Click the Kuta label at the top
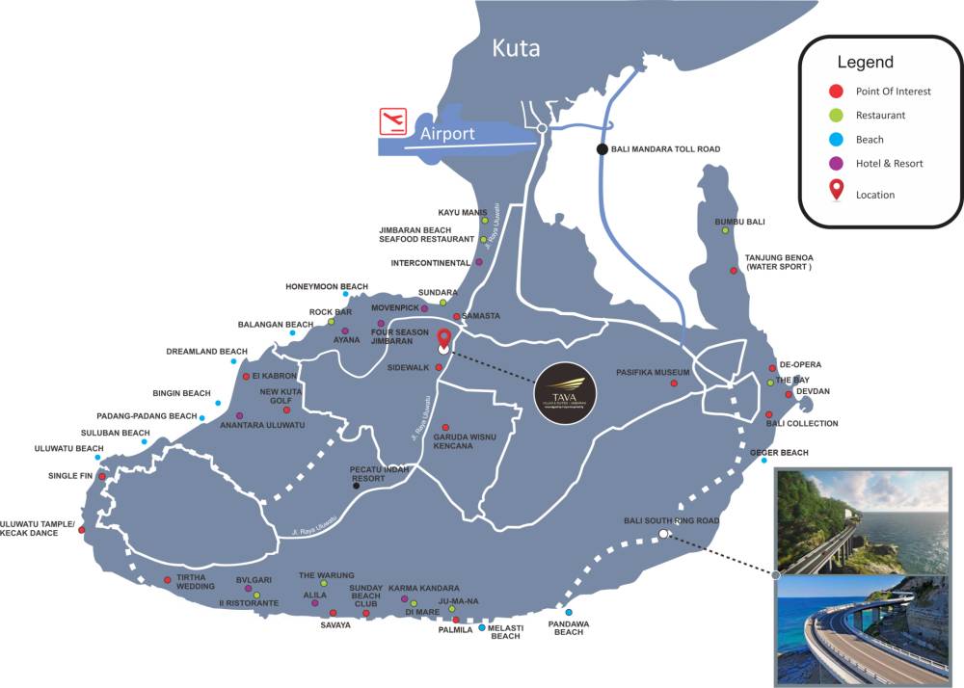tap(516, 48)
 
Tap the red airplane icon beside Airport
tap(392, 121)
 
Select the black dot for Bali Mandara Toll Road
tap(602, 148)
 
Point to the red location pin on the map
tap(443, 339)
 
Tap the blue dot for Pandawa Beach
tap(569, 613)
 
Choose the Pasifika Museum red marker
tap(674, 384)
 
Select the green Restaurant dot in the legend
tap(837, 116)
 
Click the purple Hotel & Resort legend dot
tap(837, 164)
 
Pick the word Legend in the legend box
tap(865, 63)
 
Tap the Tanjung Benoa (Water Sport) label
tap(779, 262)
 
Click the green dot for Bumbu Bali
tap(725, 230)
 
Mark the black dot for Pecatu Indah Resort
tap(357, 486)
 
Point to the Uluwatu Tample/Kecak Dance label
tap(38, 528)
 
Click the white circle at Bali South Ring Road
tap(663, 533)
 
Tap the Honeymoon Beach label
tap(327, 286)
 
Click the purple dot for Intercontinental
tap(479, 262)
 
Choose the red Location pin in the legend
tap(837, 191)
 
